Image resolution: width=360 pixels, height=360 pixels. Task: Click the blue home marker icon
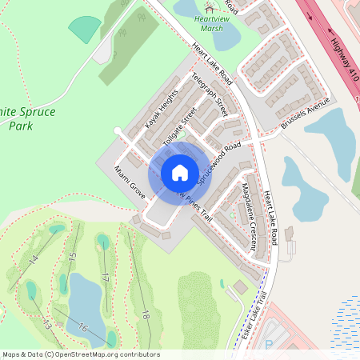[180, 173]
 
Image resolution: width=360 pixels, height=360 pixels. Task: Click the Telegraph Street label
[209, 96]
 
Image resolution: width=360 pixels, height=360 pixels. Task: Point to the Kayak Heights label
[161, 111]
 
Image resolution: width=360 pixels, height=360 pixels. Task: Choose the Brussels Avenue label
[306, 116]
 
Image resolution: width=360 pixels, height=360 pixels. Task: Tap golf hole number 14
[34, 259]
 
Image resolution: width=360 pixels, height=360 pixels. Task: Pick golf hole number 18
[145, 314]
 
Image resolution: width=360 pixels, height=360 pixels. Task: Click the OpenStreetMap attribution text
[80, 354]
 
